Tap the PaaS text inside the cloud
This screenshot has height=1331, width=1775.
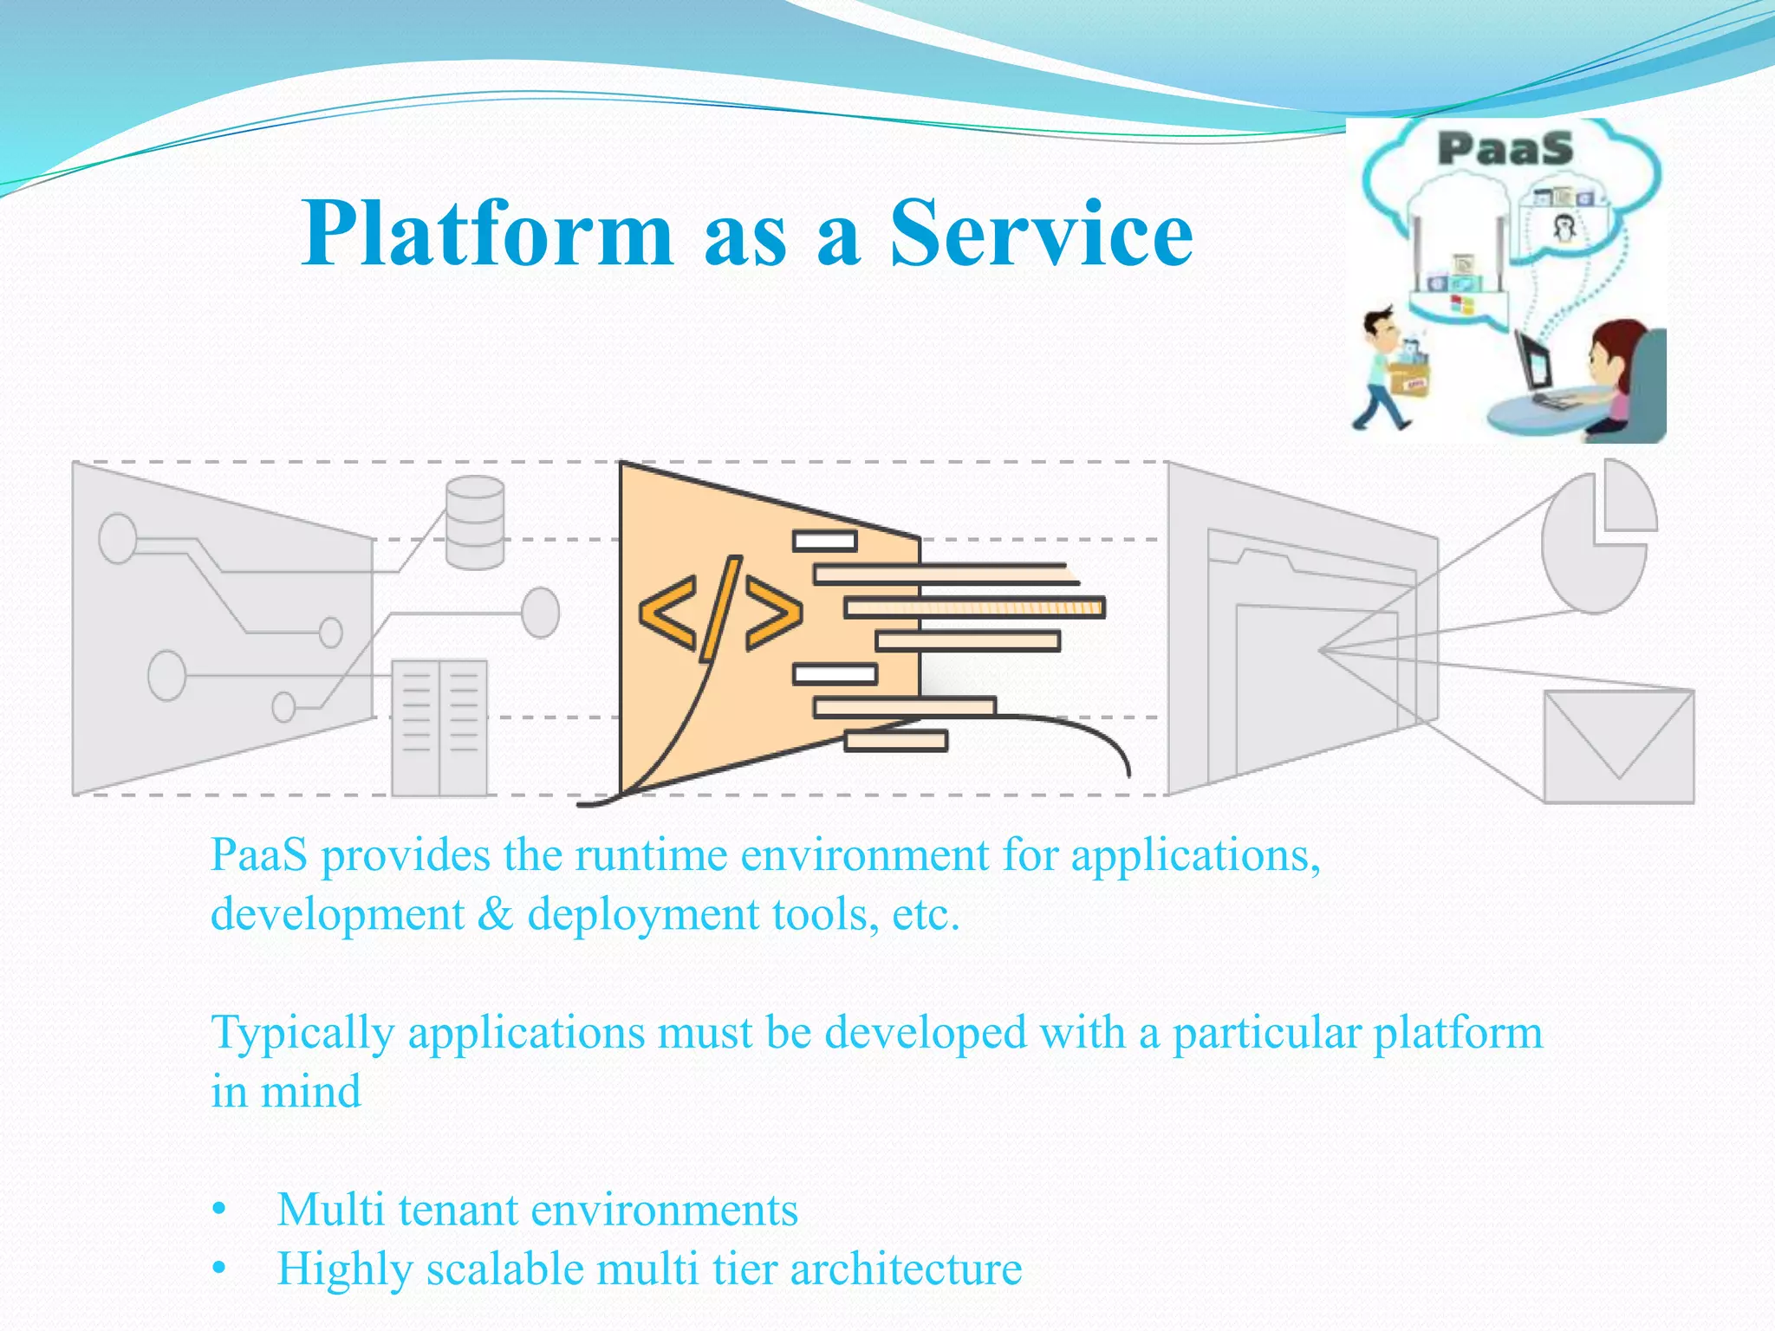point(1505,148)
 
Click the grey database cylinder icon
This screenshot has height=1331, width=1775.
point(475,523)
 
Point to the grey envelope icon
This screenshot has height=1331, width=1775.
point(1618,746)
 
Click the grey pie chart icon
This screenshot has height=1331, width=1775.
point(1596,537)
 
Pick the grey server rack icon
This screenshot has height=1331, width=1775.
point(439,728)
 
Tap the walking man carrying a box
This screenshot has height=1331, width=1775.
point(1390,368)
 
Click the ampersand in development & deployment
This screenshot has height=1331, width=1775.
point(495,914)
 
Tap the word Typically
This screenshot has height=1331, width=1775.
point(302,1034)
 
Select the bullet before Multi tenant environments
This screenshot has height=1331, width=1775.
point(219,1210)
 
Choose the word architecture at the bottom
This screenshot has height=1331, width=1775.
point(906,1269)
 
